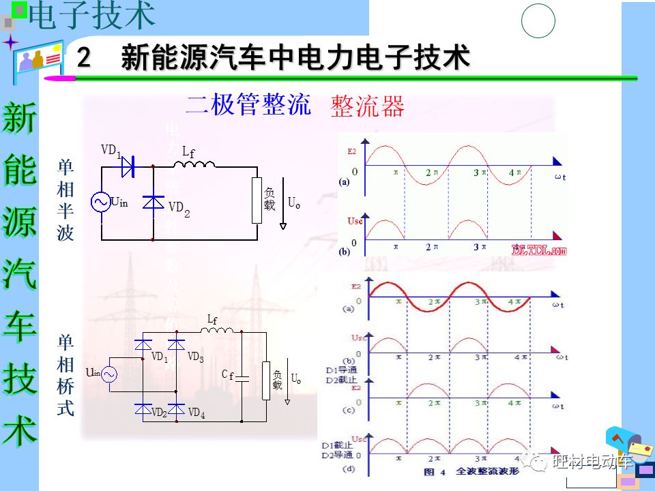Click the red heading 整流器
pyautogui.click(x=367, y=106)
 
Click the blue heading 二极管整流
pyautogui.click(x=248, y=105)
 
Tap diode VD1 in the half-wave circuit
pyautogui.click(x=128, y=166)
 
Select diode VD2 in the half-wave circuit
pyautogui.click(x=153, y=202)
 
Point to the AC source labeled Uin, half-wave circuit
pyautogui.click(x=101, y=202)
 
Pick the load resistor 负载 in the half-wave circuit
pyautogui.click(x=257, y=200)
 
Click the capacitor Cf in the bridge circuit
pyautogui.click(x=244, y=376)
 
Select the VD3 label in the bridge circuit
pyautogui.click(x=196, y=357)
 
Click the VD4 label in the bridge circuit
pyautogui.click(x=196, y=413)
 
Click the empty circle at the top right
pyautogui.click(x=538, y=21)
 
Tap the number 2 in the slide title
pyautogui.click(x=84, y=57)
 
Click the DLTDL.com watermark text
pyautogui.click(x=539, y=250)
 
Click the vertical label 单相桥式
pyautogui.click(x=65, y=376)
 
